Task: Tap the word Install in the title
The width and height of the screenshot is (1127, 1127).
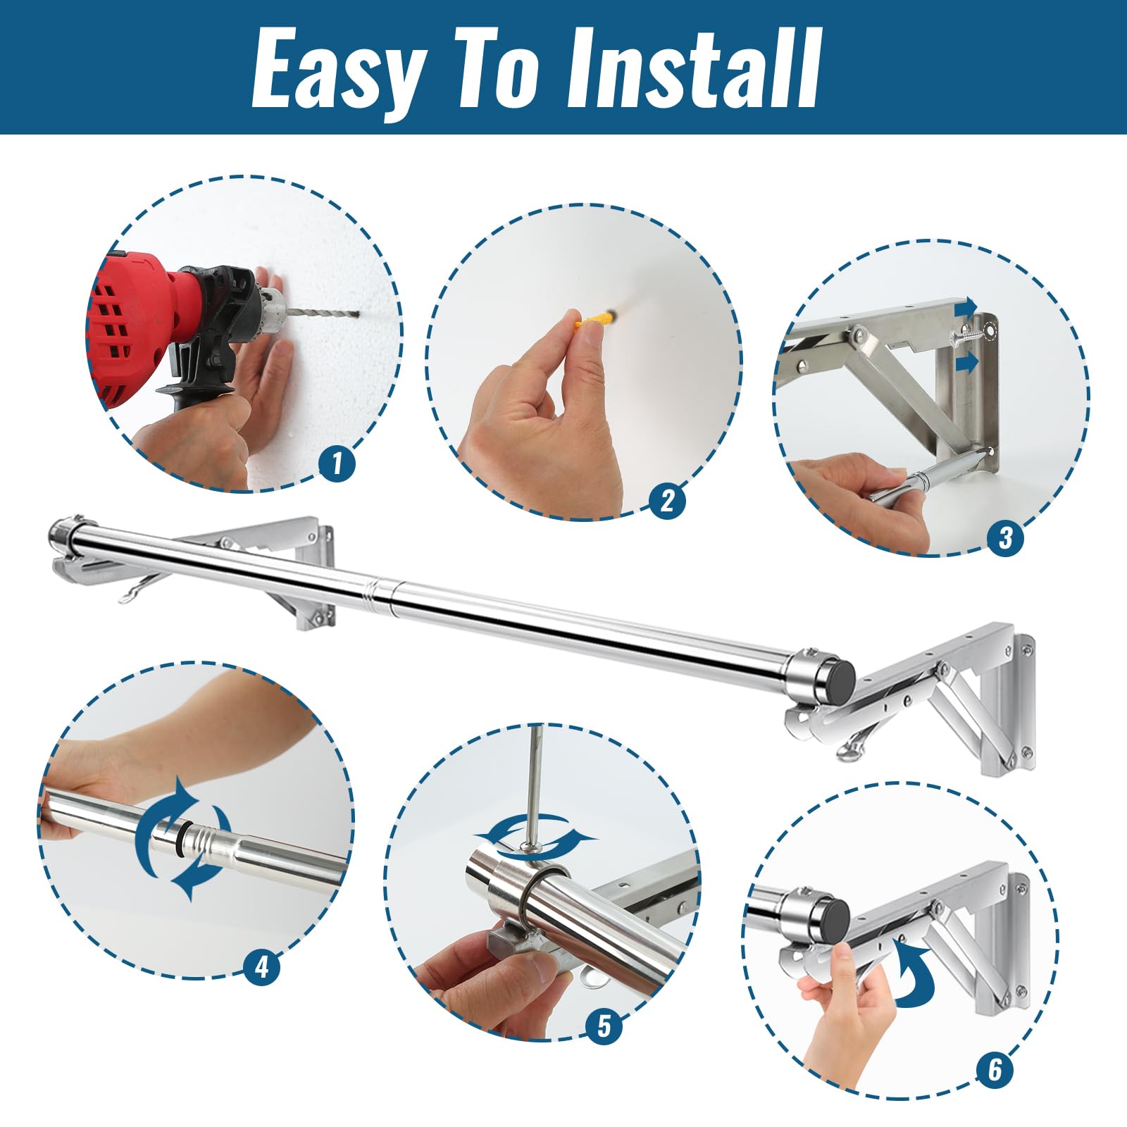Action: (x=695, y=68)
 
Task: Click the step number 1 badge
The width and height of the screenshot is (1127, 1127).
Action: (x=337, y=463)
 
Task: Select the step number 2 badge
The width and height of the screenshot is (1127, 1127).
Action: (x=667, y=500)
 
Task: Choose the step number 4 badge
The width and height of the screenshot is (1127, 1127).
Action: (x=261, y=966)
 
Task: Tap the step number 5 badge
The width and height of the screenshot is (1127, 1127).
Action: (x=604, y=1026)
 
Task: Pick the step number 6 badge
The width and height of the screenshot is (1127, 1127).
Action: (x=995, y=1070)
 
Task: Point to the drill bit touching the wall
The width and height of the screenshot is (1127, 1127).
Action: (x=323, y=314)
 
